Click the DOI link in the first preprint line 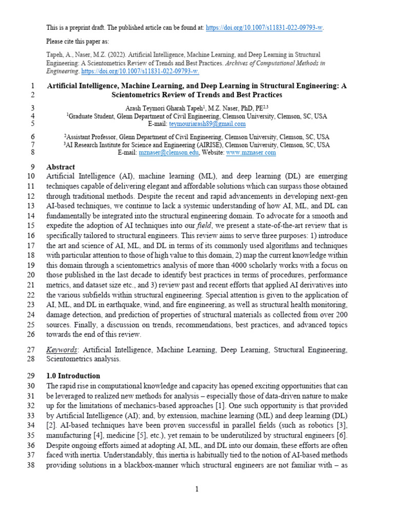click(264, 28)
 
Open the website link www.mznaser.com click(251, 153)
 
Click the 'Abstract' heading click(61, 167)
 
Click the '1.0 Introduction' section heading click(73, 376)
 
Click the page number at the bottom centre click(196, 490)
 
